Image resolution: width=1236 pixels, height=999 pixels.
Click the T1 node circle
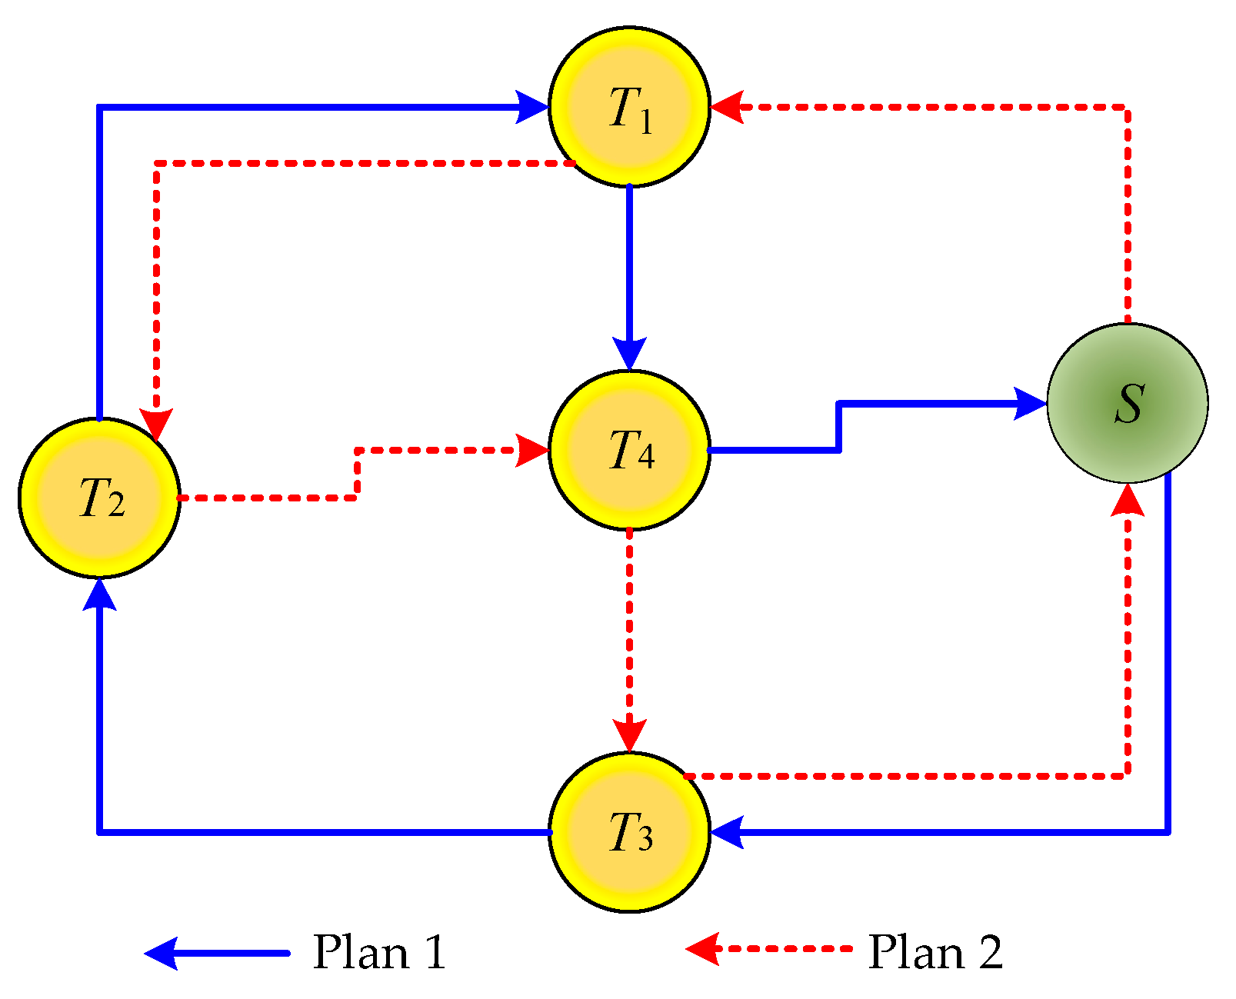(x=629, y=107)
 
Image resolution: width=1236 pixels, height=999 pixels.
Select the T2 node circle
(x=99, y=498)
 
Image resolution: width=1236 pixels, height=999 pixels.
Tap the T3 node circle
(x=629, y=832)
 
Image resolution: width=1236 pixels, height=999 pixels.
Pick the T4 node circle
(x=629, y=450)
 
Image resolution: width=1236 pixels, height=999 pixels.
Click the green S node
(x=1128, y=403)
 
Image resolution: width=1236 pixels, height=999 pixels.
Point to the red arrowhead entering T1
(x=727, y=107)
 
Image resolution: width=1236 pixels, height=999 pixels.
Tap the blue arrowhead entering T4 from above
(x=629, y=354)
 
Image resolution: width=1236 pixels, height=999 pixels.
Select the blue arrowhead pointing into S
(x=1029, y=403)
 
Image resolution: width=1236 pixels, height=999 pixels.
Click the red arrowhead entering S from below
(x=1128, y=501)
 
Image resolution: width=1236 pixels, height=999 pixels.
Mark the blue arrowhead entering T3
(x=727, y=832)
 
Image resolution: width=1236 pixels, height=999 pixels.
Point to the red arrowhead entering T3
(x=629, y=735)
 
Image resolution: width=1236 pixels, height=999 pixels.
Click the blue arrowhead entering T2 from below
(x=99, y=594)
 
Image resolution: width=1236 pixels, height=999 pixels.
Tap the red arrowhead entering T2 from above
(x=156, y=424)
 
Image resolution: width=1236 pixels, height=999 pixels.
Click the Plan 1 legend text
(x=379, y=953)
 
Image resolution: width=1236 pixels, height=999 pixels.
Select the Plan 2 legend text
(x=934, y=953)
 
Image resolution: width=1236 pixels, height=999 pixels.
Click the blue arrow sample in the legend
(x=217, y=953)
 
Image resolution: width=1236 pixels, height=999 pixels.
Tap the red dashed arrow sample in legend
(x=769, y=948)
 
